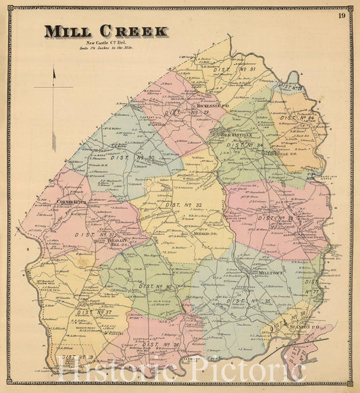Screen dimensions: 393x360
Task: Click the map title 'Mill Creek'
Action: click(x=106, y=31)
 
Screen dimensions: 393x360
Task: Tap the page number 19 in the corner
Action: click(x=342, y=16)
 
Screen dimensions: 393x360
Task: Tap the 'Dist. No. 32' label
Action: click(x=184, y=205)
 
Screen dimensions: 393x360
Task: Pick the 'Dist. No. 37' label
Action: click(x=95, y=313)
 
